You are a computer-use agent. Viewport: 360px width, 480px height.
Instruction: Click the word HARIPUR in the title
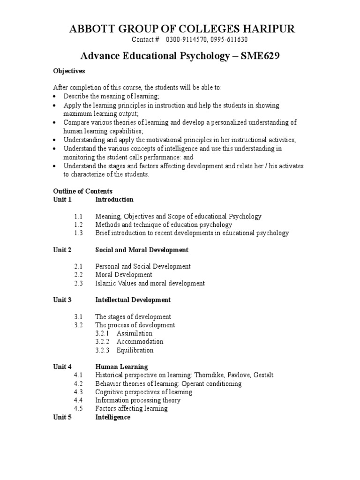click(x=269, y=29)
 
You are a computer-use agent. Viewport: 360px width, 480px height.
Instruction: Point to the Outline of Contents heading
click(x=82, y=191)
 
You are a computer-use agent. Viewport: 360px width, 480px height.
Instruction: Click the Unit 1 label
click(x=62, y=199)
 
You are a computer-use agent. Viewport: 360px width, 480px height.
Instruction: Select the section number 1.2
click(x=78, y=225)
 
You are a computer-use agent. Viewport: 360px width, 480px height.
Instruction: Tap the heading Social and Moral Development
click(x=142, y=250)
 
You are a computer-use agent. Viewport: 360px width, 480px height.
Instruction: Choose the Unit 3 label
click(x=62, y=300)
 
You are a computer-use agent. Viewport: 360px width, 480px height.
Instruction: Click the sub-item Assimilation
click(x=135, y=333)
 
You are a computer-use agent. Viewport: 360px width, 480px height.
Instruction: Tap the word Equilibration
click(x=135, y=350)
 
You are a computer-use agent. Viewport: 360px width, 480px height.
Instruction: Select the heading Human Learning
click(x=121, y=367)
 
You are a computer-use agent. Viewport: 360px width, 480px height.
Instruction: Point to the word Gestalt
click(x=263, y=375)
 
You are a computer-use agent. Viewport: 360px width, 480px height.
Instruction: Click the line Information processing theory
click(x=138, y=400)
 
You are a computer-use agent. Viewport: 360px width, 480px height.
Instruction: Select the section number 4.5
click(x=78, y=409)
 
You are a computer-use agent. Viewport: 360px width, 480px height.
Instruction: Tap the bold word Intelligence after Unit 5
click(x=112, y=417)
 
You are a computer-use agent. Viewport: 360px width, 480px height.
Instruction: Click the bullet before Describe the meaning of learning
click(x=55, y=96)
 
